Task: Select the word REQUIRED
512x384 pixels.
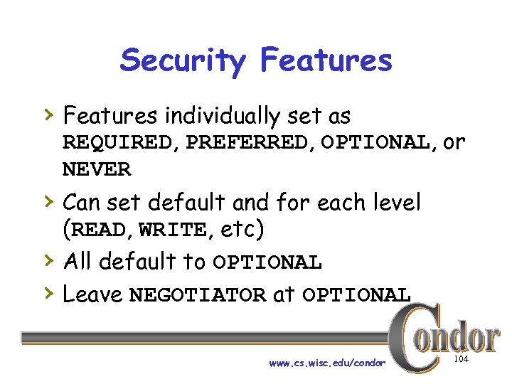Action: click(117, 143)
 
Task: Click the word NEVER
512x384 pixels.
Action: click(97, 170)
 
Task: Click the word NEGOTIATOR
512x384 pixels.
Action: click(198, 295)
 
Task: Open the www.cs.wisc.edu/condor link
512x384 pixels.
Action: click(327, 363)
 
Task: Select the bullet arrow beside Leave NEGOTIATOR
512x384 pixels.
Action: click(48, 292)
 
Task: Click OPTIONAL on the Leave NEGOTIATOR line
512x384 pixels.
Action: click(356, 295)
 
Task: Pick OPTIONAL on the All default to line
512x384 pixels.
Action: click(267, 263)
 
